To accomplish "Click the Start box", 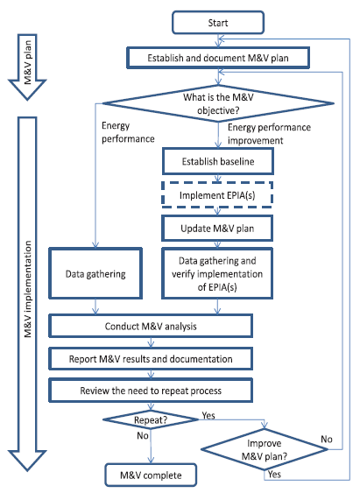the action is (218, 23).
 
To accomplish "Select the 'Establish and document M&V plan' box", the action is (218, 58).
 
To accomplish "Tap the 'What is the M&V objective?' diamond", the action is (218, 103).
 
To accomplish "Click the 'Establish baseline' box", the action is (218, 161).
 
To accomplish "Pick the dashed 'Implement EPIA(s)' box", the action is (217, 195).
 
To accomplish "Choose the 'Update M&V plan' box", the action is (217, 229).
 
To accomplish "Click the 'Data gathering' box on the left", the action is (95, 273).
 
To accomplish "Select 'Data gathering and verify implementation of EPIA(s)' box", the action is (217, 273).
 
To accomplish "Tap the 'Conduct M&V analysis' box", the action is (151, 326).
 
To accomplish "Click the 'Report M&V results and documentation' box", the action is (151, 359).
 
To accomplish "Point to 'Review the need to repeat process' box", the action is (151, 391).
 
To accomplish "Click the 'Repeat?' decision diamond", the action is (151, 419).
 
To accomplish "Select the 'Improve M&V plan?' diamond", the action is (265, 449).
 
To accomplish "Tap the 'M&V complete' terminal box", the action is (151, 475).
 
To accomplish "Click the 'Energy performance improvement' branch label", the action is (269, 134).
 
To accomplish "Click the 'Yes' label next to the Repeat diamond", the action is (208, 415).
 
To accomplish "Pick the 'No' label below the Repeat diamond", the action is (143, 435).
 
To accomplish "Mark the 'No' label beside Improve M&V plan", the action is (327, 439).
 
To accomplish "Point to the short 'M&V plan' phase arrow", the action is (27, 67).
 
